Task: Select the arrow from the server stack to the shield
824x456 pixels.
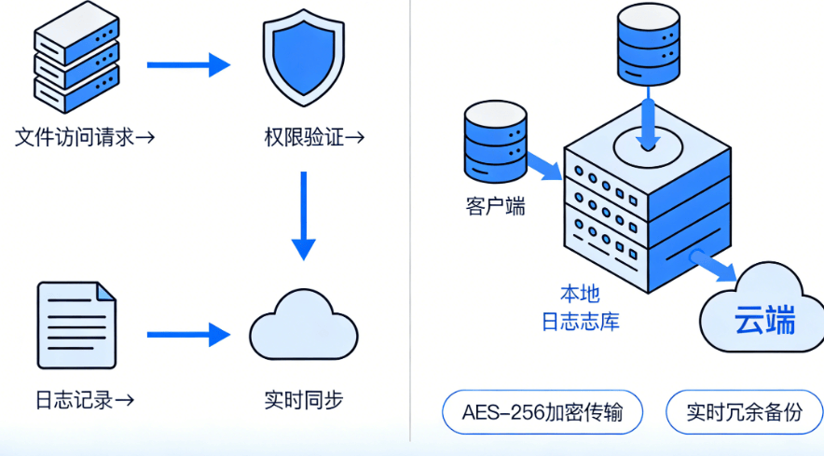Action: tap(187, 64)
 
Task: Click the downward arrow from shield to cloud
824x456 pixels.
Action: tap(303, 215)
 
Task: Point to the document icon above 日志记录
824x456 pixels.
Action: tap(76, 325)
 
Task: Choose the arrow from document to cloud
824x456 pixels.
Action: tap(187, 334)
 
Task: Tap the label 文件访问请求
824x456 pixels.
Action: tap(84, 138)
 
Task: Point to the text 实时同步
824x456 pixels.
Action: tap(303, 401)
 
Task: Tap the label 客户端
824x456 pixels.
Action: tap(495, 206)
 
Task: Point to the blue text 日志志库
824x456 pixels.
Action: tap(580, 323)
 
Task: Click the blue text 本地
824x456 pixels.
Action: tap(580, 295)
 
